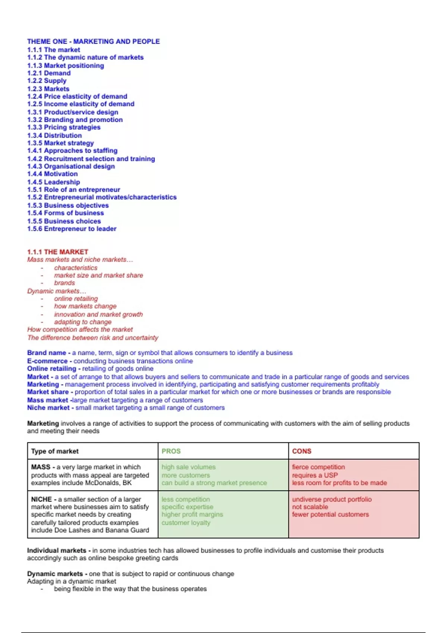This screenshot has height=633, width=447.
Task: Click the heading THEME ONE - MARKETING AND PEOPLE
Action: pyautogui.click(x=93, y=41)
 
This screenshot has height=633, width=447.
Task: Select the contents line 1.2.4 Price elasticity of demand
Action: pyautogui.click(x=77, y=96)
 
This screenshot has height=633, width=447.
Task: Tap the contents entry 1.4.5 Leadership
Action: pyautogui.click(x=53, y=182)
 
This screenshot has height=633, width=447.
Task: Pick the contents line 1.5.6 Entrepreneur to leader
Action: pyautogui.click(x=72, y=229)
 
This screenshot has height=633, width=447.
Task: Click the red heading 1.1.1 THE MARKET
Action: pyautogui.click(x=57, y=252)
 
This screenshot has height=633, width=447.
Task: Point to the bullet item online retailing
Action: pyautogui.click(x=76, y=299)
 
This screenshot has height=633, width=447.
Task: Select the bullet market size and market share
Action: pyautogui.click(x=98, y=275)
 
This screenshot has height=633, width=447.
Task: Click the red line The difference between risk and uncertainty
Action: pyautogui.click(x=92, y=338)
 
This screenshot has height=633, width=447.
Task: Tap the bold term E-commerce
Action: pyautogui.click(x=47, y=361)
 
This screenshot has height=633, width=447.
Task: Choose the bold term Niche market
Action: pyautogui.click(x=48, y=408)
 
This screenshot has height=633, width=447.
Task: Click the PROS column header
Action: pyautogui.click(x=171, y=451)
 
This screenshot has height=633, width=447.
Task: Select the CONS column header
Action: pyautogui.click(x=301, y=451)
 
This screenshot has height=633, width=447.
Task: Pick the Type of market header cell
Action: pyautogui.click(x=55, y=451)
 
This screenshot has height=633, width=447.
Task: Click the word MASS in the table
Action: pyautogui.click(x=41, y=467)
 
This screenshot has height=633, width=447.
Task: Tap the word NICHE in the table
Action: pyautogui.click(x=41, y=499)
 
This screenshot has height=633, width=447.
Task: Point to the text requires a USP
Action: pyautogui.click(x=315, y=475)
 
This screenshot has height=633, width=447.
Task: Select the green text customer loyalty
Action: pyautogui.click(x=186, y=523)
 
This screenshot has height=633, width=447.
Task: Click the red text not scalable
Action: pyautogui.click(x=310, y=507)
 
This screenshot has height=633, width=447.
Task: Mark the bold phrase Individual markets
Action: pyautogui.click(x=57, y=550)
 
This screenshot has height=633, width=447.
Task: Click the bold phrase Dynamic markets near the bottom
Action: pyautogui.click(x=55, y=574)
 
